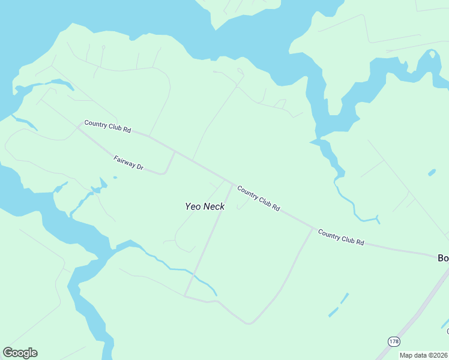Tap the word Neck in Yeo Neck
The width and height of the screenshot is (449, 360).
[214, 206]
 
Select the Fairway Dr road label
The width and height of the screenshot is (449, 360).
[128, 163]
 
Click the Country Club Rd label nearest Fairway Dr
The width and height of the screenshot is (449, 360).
[107, 126]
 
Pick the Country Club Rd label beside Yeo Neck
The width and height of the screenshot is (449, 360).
[259, 198]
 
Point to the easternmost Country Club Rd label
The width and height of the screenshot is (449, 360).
[341, 236]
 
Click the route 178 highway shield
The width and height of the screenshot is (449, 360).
[394, 341]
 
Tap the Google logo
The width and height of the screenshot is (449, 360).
[20, 353]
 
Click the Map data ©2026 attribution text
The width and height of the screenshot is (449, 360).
[424, 355]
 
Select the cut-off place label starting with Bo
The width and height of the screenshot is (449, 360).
[443, 258]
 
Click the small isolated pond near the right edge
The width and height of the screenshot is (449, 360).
[432, 173]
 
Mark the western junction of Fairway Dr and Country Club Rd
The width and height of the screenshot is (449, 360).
[79, 127]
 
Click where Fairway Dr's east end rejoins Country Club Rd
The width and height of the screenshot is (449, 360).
[175, 151]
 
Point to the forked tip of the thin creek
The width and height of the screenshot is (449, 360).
[378, 218]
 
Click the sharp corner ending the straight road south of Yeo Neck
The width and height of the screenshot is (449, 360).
[185, 296]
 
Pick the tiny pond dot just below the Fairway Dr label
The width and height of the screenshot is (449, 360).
[114, 177]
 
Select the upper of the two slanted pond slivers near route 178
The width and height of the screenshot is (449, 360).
[345, 298]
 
